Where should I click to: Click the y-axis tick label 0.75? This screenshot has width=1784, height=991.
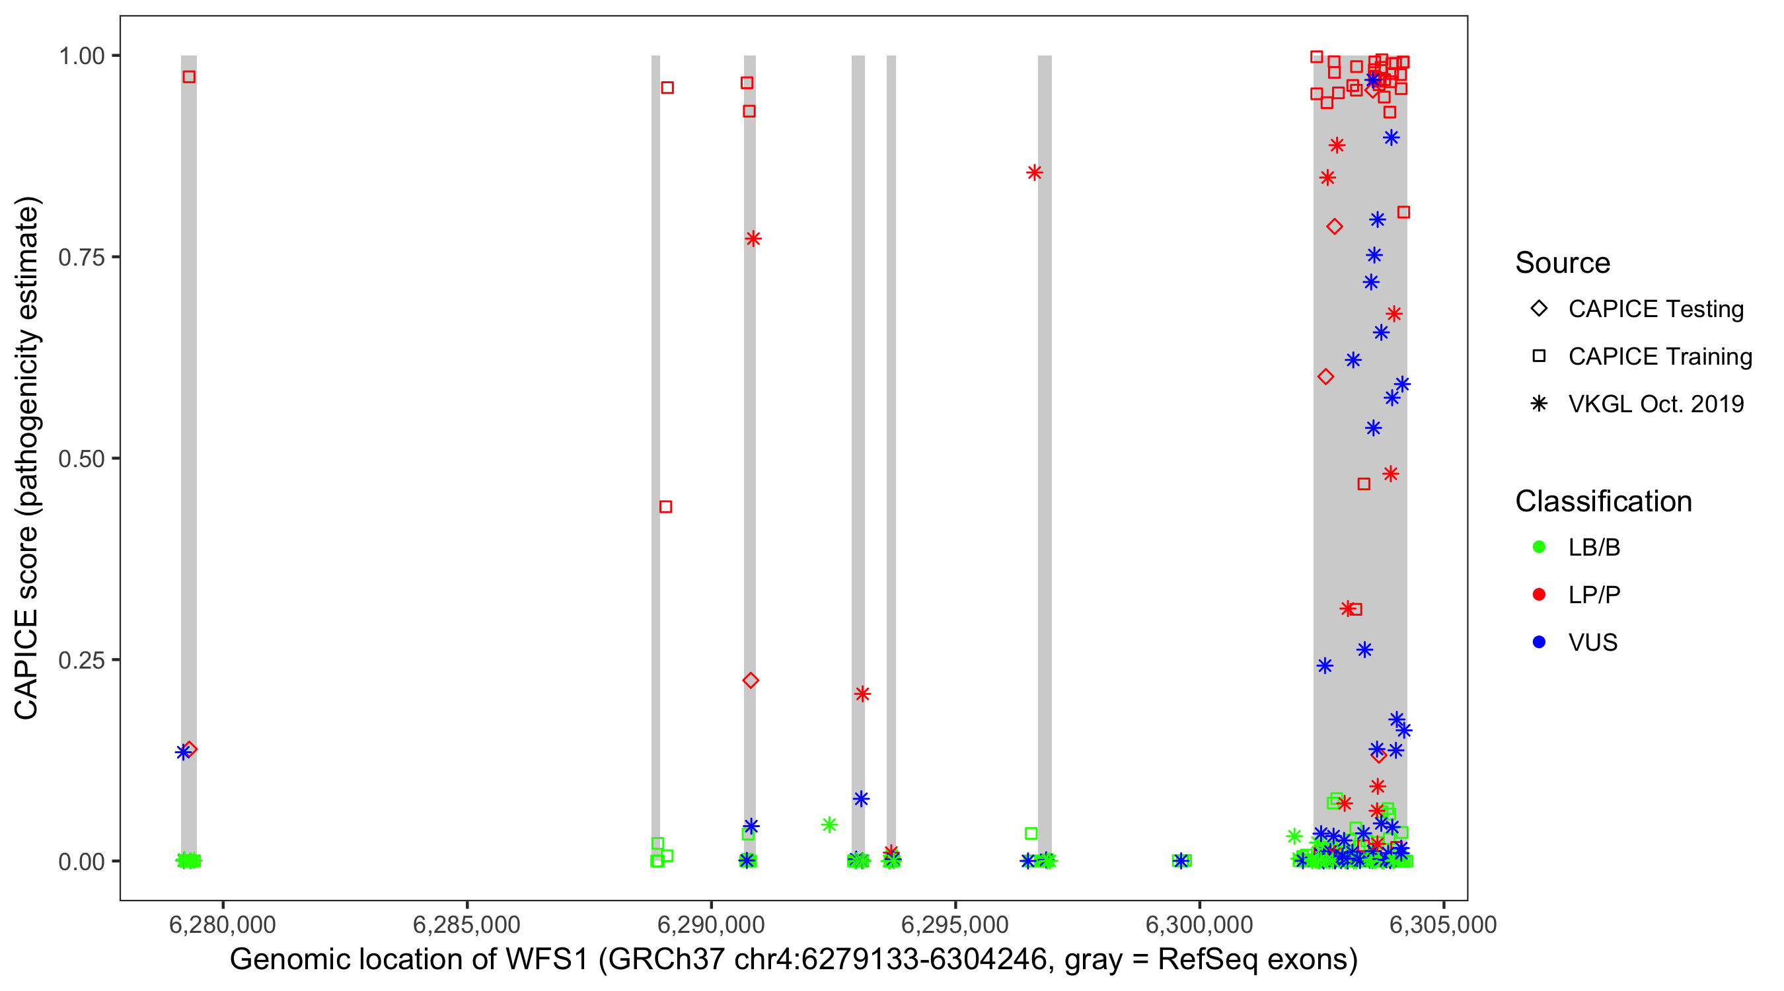tap(81, 257)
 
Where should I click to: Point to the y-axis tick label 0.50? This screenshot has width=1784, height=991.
tap(81, 459)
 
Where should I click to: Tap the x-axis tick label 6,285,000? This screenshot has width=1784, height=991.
tap(466, 924)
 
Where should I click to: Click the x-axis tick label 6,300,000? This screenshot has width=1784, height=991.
tap(1199, 924)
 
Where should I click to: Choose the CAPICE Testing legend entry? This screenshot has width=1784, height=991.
tap(1655, 309)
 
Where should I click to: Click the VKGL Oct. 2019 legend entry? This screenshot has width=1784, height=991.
tap(1655, 404)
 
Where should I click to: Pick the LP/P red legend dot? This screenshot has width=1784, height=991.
tap(1539, 595)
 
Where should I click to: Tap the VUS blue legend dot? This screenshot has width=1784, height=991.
tap(1539, 643)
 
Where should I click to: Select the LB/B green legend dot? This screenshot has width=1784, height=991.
tap(1539, 547)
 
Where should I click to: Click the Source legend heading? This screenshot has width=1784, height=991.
tap(1563, 263)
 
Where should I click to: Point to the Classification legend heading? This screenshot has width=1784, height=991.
tap(1602, 501)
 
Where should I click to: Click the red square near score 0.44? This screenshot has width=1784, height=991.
tap(665, 507)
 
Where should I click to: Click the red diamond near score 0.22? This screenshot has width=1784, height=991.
tap(750, 680)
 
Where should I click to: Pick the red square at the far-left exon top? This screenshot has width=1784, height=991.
tap(189, 77)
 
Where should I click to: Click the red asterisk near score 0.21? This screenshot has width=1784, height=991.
tap(862, 694)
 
